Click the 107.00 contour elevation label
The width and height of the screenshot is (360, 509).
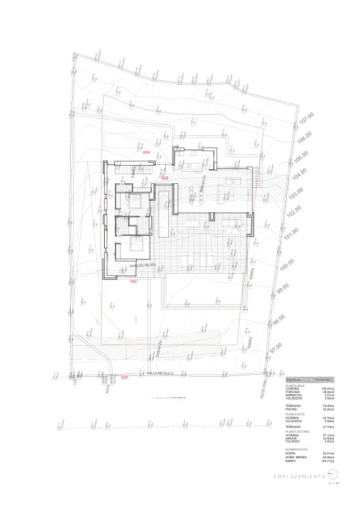coord(307,119)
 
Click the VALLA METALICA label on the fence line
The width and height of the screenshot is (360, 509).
coord(160,374)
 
